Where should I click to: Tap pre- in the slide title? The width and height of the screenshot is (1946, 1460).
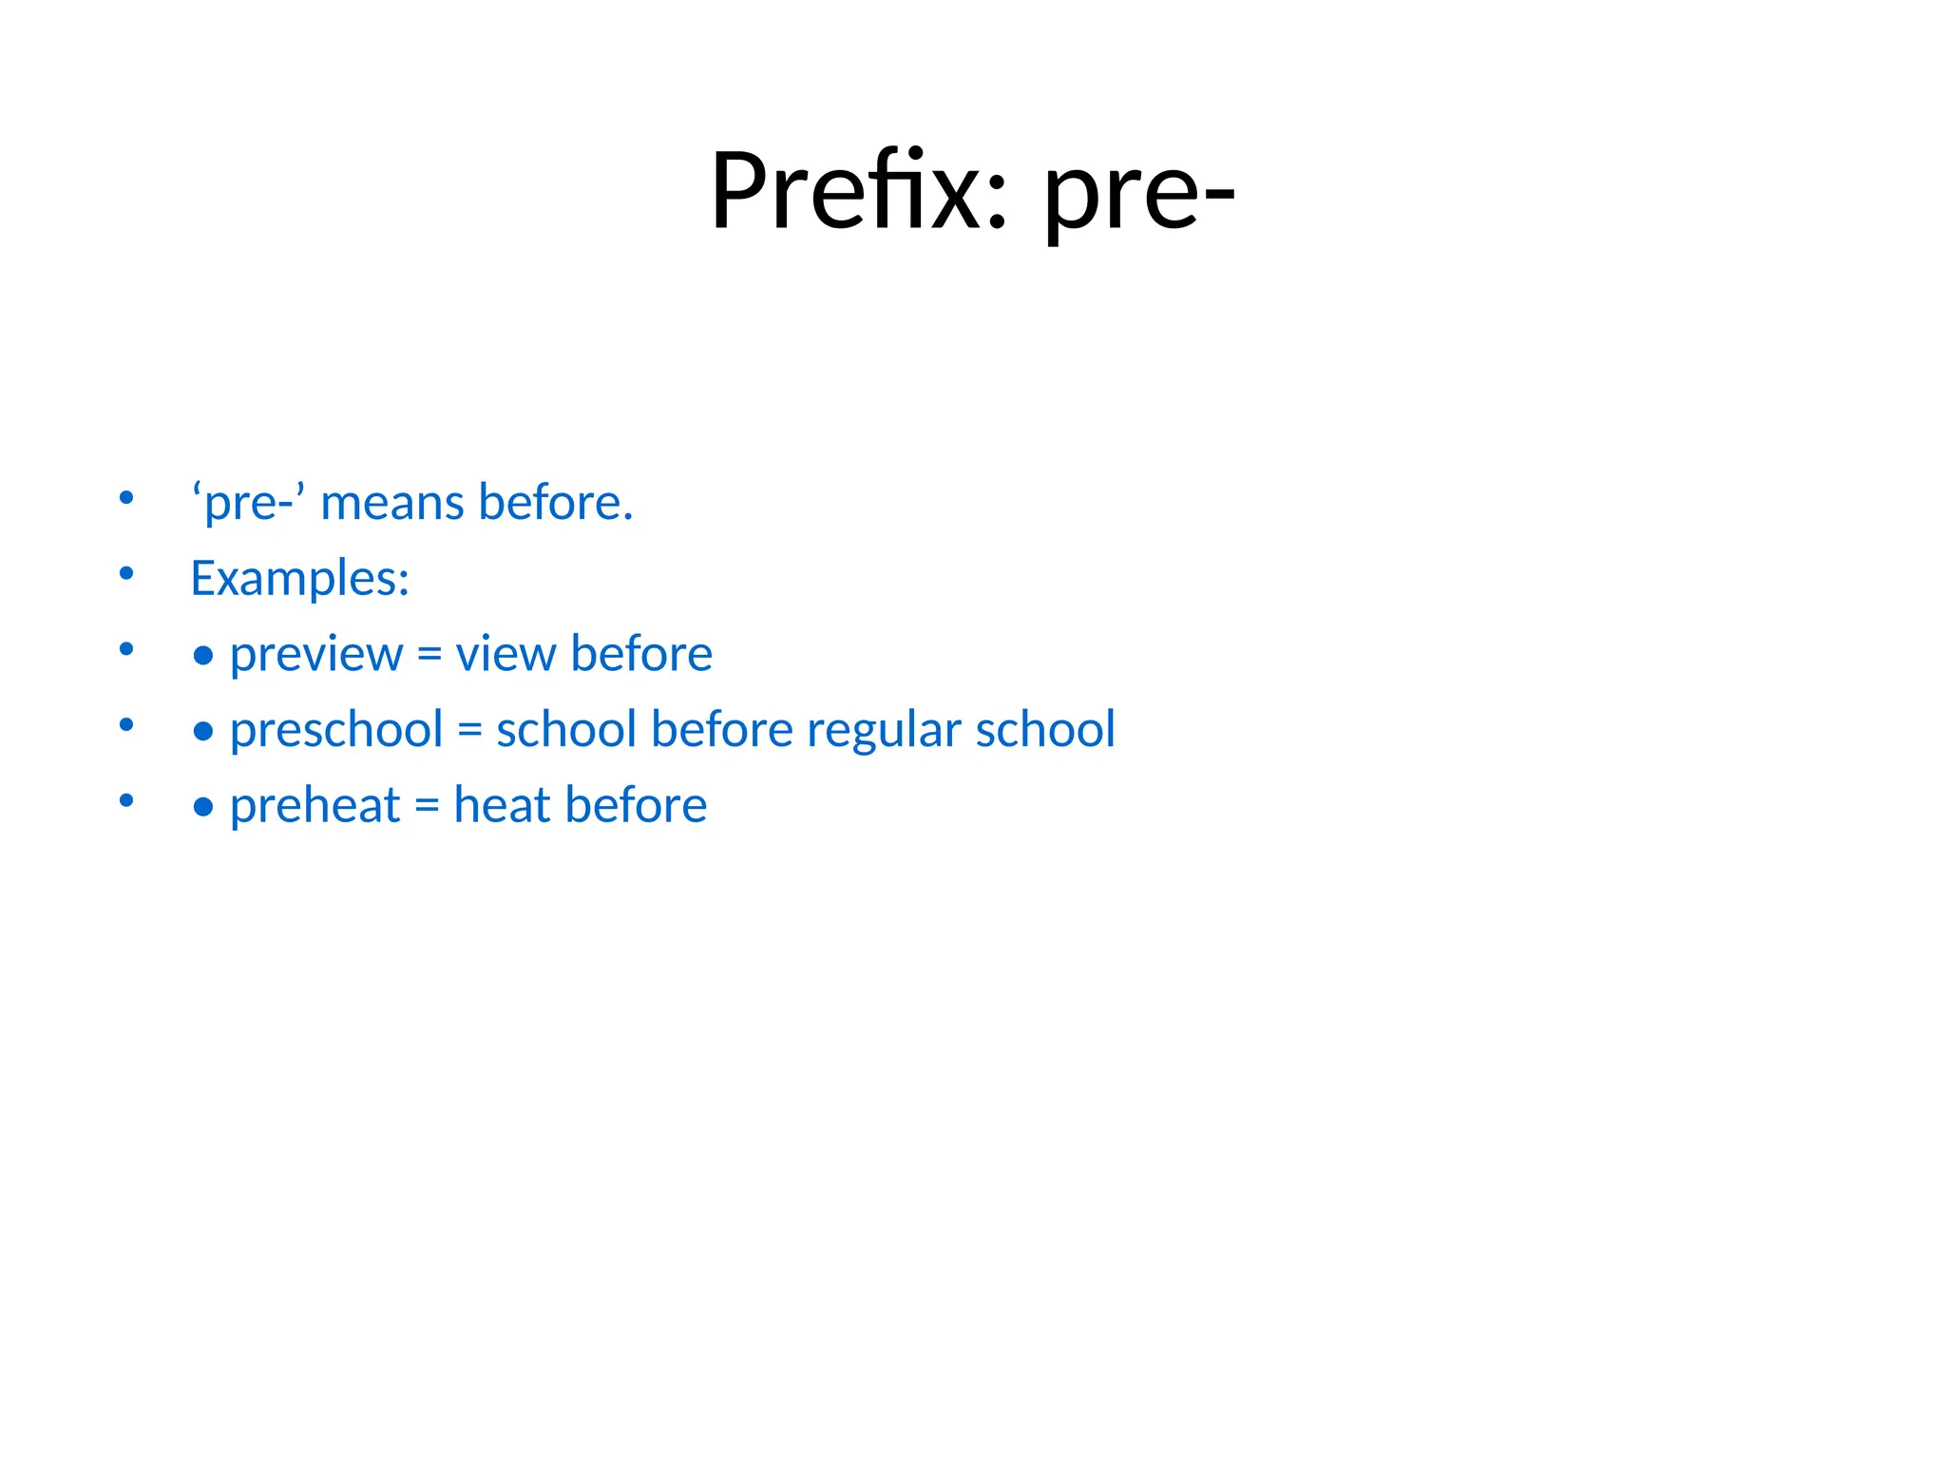pyautogui.click(x=1139, y=195)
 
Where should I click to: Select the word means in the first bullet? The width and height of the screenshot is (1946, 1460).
pyautogui.click(x=392, y=503)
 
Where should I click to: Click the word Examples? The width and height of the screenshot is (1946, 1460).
pyautogui.click(x=300, y=578)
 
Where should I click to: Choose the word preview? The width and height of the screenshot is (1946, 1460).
pyautogui.click(x=316, y=655)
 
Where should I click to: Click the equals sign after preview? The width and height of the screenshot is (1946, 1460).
pyautogui.click(x=429, y=655)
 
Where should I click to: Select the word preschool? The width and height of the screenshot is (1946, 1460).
pyautogui.click(x=336, y=730)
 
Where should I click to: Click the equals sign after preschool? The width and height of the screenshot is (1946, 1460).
pyautogui.click(x=469, y=731)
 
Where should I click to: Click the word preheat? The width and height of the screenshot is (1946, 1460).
pyautogui.click(x=315, y=806)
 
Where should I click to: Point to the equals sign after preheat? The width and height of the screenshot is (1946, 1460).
pyautogui.click(x=427, y=807)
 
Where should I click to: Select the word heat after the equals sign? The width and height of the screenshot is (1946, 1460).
pyautogui.click(x=502, y=805)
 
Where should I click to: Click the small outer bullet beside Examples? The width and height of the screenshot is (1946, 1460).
pyautogui.click(x=126, y=573)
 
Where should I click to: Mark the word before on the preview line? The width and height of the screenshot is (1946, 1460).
pyautogui.click(x=641, y=654)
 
